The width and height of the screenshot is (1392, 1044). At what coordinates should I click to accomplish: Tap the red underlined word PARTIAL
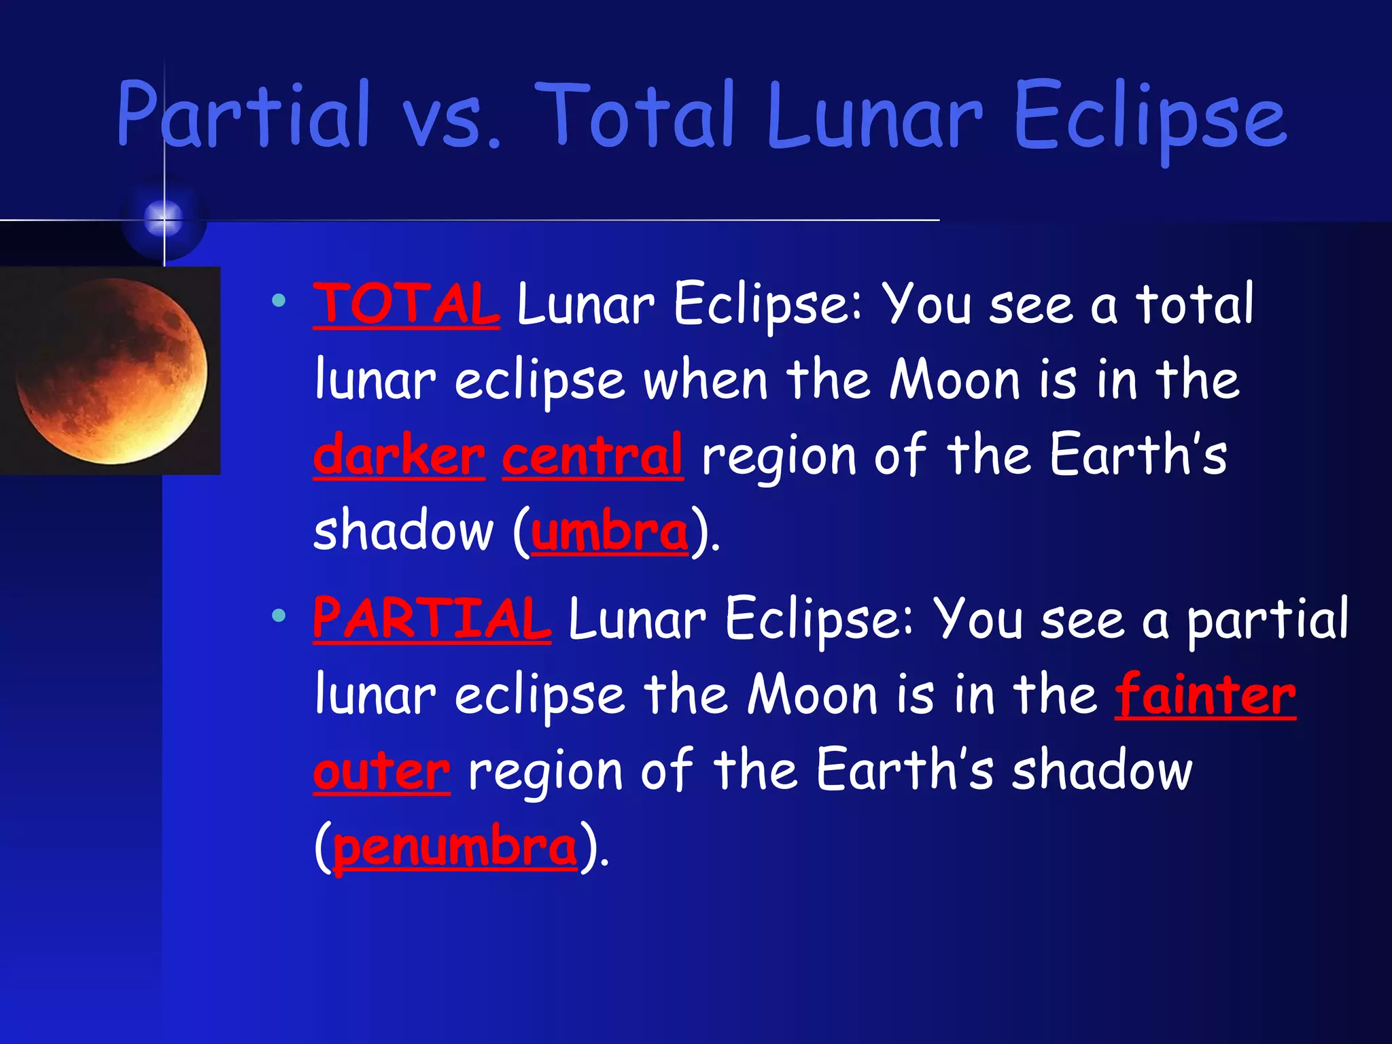(432, 619)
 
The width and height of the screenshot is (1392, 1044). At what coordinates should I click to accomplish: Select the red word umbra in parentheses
(610, 532)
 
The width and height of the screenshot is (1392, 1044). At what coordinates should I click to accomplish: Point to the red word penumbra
(455, 848)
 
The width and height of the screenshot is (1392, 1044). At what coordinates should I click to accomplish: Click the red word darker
(399, 455)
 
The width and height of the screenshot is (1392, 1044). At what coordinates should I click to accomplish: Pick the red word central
(593, 455)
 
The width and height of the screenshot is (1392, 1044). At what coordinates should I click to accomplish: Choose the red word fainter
(1205, 695)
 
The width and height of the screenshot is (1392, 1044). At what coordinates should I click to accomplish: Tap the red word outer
(381, 771)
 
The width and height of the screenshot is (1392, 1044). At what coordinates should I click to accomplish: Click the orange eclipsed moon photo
(111, 371)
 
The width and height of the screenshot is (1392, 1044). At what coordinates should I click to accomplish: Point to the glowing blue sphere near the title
(164, 218)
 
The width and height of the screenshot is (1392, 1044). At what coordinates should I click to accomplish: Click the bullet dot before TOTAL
(278, 300)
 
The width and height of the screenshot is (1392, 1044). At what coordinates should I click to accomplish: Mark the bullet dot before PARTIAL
(278, 616)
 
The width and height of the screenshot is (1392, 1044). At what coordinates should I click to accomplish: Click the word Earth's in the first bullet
(1138, 454)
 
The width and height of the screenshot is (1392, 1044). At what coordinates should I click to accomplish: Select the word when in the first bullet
(706, 379)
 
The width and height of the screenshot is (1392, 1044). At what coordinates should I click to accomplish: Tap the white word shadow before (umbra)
(403, 532)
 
